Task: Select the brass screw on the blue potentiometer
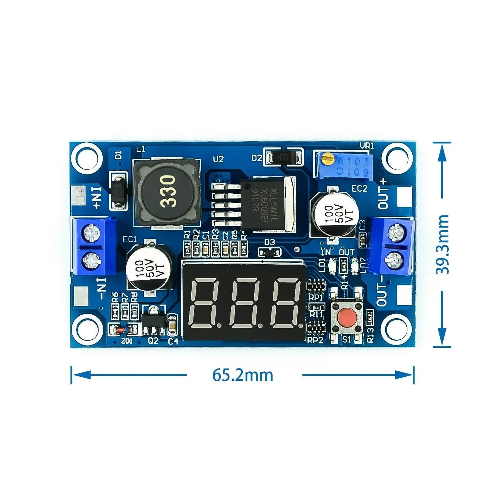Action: tap(326, 157)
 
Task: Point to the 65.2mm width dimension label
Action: tap(243, 375)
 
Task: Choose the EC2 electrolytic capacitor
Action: tap(334, 214)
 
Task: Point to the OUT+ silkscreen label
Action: tap(383, 198)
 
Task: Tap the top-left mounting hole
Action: tap(85, 157)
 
